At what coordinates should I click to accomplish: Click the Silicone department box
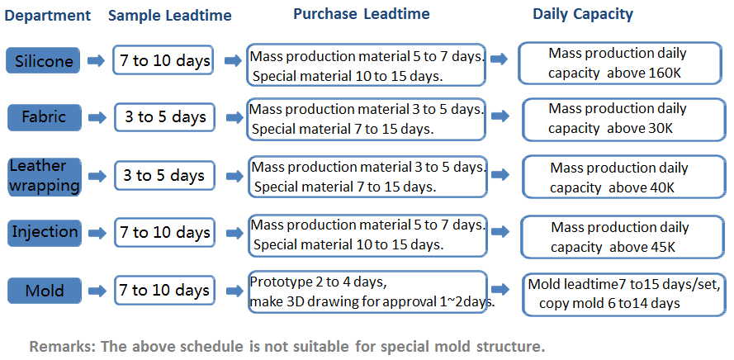(x=43, y=60)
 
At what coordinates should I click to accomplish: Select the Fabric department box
(x=45, y=117)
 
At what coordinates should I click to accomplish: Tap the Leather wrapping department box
(x=45, y=177)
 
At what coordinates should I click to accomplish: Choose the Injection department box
(x=45, y=233)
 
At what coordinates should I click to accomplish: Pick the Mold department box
(x=45, y=291)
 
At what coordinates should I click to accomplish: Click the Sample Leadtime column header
(x=170, y=16)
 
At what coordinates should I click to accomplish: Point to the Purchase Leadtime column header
(x=362, y=14)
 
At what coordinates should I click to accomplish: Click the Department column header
(x=47, y=16)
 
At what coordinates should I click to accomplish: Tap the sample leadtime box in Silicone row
(x=163, y=60)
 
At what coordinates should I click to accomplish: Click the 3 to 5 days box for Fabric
(x=164, y=117)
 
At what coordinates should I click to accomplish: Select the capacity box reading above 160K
(x=620, y=64)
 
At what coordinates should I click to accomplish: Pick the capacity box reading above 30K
(x=624, y=120)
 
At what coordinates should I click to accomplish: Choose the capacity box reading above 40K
(x=624, y=177)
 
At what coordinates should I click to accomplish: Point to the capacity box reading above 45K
(x=623, y=237)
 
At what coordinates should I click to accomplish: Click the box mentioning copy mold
(x=624, y=295)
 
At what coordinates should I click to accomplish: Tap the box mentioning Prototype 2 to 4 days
(x=368, y=292)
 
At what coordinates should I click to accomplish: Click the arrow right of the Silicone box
(x=96, y=61)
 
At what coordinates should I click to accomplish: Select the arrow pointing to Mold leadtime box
(x=500, y=289)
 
